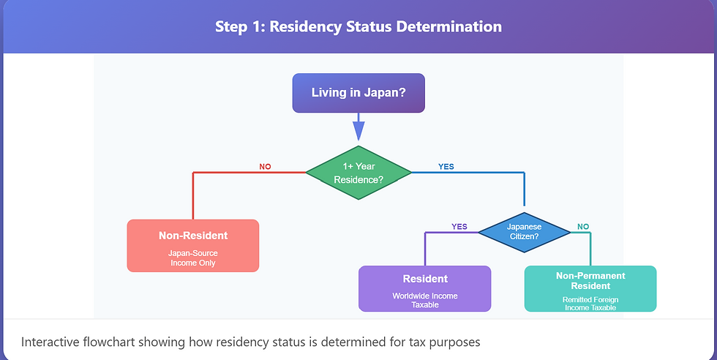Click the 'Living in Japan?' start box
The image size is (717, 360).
(x=358, y=93)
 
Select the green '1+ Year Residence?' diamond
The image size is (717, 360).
(x=358, y=173)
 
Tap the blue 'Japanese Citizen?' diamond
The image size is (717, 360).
(x=524, y=232)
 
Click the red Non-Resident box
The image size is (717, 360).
(x=193, y=245)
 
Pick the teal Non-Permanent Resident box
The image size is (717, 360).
(x=590, y=288)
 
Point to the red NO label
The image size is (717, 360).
(x=265, y=167)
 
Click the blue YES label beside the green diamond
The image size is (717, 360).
(x=446, y=167)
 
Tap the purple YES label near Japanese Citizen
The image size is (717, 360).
(x=459, y=227)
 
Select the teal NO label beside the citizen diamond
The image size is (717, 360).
(x=583, y=227)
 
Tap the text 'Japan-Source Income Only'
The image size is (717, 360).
(x=193, y=258)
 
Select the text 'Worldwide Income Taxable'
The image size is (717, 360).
(x=424, y=300)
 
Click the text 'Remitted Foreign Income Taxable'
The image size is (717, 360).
(x=590, y=304)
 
